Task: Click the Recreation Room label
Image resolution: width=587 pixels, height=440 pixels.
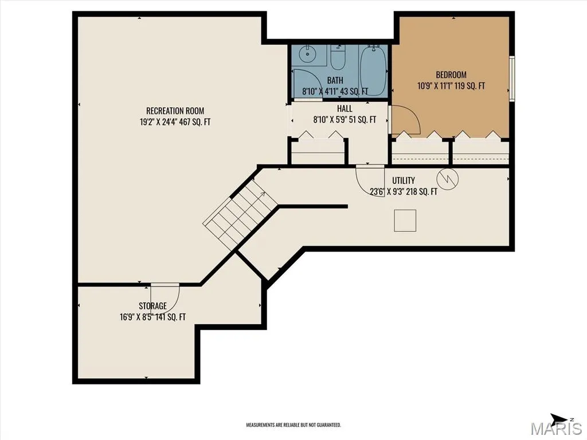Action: tap(175, 111)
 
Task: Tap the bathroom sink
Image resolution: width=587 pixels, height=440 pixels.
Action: tap(307, 56)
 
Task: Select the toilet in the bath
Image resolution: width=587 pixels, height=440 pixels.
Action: tap(338, 58)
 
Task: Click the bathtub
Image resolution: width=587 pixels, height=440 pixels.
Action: tap(373, 70)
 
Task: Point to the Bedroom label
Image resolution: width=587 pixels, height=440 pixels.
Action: tap(451, 74)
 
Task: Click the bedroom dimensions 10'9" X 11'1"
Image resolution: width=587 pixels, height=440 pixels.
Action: tap(436, 86)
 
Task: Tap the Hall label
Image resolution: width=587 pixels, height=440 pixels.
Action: tap(345, 108)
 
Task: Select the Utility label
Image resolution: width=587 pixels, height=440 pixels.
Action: tap(404, 180)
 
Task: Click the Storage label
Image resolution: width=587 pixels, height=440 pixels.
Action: tap(152, 306)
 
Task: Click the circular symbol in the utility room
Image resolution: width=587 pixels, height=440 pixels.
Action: tap(447, 179)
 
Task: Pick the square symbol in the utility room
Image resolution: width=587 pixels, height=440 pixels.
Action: tap(405, 221)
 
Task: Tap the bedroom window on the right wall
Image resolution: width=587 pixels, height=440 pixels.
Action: tap(512, 78)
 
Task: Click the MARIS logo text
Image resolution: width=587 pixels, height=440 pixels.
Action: tap(556, 428)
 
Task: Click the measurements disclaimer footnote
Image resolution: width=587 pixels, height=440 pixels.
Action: tap(293, 425)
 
